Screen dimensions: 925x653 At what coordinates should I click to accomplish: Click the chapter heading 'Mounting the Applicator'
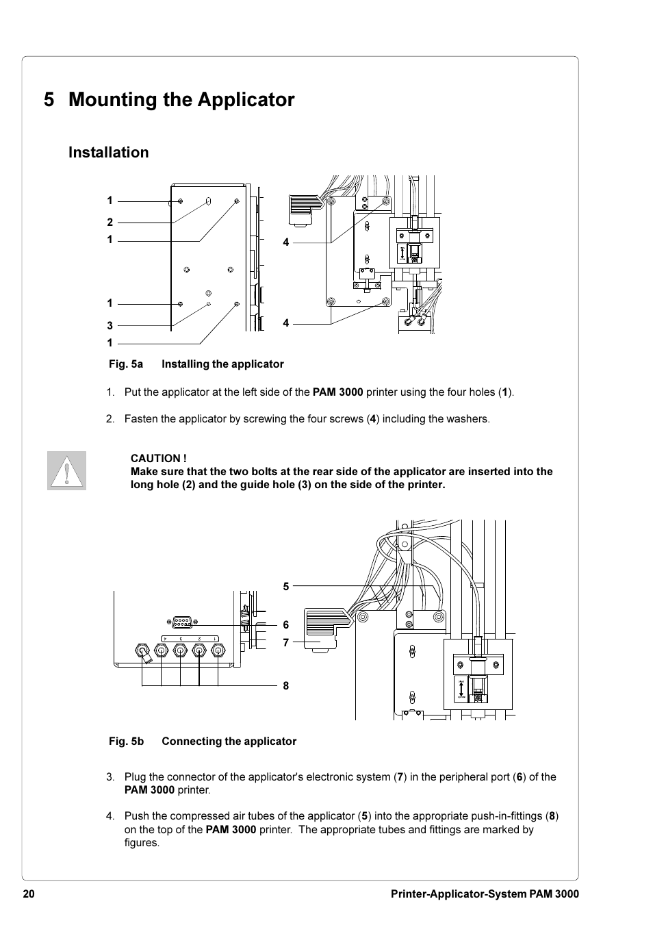click(x=181, y=100)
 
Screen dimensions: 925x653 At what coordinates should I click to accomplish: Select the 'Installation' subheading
click(x=108, y=153)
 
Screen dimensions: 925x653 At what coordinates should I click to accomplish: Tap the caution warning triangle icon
click(x=67, y=471)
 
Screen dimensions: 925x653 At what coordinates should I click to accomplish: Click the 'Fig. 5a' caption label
click(x=126, y=364)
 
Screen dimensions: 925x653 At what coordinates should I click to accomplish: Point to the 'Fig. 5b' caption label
click(x=126, y=742)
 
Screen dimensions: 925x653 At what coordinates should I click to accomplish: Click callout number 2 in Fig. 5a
click(x=110, y=222)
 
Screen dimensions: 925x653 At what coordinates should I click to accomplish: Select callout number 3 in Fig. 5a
click(x=110, y=326)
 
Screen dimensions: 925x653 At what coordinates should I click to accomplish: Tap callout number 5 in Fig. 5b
click(x=286, y=586)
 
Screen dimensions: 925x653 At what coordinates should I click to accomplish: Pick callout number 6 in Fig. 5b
click(x=286, y=624)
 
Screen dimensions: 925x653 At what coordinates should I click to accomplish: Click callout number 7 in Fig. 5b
click(x=286, y=643)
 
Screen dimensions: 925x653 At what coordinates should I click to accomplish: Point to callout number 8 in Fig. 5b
click(x=286, y=685)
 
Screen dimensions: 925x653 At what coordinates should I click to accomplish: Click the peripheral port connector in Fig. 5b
click(x=181, y=622)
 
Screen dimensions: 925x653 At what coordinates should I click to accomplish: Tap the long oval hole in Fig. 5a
click(x=208, y=203)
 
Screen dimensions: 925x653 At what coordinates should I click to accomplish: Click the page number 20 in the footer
click(x=28, y=894)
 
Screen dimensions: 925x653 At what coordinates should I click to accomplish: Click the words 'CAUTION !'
click(x=158, y=458)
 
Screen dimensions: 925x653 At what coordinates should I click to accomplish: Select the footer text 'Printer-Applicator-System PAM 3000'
click(x=484, y=894)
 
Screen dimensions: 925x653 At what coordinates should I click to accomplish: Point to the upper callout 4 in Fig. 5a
click(x=286, y=242)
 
